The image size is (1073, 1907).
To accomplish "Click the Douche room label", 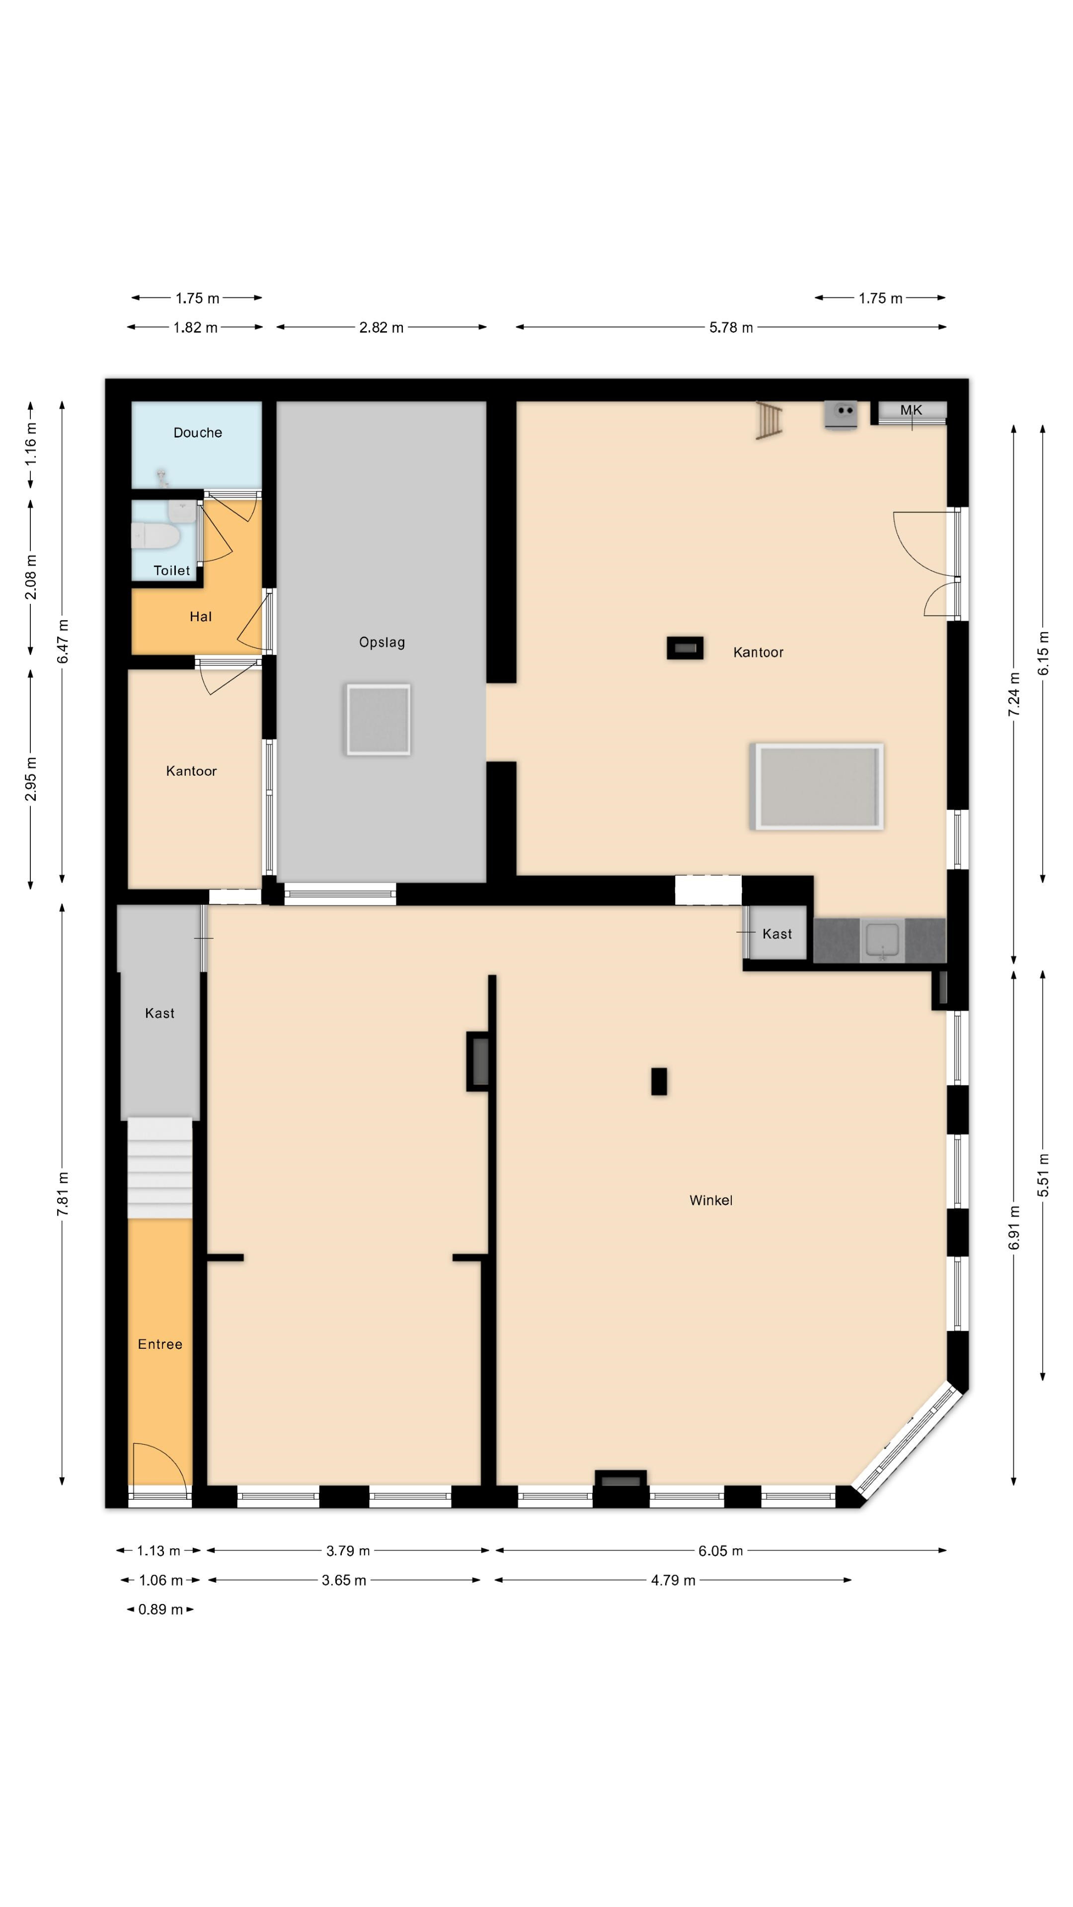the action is click(198, 433).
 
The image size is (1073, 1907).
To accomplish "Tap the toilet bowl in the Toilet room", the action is click(155, 536).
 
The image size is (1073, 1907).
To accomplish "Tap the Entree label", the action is click(160, 1344).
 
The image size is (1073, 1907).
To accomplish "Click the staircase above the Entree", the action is click(160, 1168).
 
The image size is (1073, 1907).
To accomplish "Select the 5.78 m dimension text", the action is click(731, 327).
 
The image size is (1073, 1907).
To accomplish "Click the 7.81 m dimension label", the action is click(63, 1194).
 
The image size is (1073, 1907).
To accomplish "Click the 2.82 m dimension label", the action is click(382, 327).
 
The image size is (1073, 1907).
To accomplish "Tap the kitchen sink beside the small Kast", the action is click(882, 940).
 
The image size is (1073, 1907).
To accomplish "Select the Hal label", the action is click(201, 617).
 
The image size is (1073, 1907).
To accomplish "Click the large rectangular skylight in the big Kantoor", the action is click(817, 786).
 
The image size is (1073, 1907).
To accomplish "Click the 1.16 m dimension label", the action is click(30, 444).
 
